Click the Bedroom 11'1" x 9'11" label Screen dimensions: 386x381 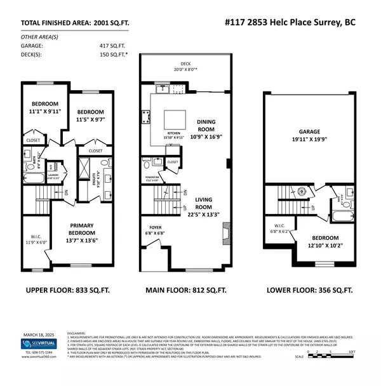tap(44, 108)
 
